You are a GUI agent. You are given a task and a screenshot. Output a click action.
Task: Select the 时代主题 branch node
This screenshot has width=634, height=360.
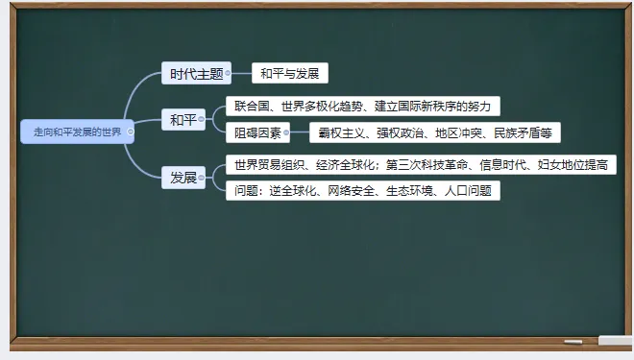tap(195, 73)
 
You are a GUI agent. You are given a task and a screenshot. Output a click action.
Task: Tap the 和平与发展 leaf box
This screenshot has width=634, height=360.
tap(290, 73)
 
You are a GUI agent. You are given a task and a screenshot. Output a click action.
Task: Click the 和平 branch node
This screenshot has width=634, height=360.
tap(182, 119)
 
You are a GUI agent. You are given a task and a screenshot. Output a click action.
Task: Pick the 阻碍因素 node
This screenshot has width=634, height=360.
tap(256, 133)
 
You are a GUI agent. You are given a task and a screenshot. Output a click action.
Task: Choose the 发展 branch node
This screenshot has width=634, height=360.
tap(183, 178)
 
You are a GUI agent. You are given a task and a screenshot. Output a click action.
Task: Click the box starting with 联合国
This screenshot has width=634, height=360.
tap(363, 106)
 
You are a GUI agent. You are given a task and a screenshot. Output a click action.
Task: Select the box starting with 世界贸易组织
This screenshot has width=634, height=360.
tap(420, 165)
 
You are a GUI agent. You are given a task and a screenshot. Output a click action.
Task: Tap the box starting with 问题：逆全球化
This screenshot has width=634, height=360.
tap(363, 190)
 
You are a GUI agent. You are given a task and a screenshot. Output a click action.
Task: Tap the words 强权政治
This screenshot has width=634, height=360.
tap(394, 133)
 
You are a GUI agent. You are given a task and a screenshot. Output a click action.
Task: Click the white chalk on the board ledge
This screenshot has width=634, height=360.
tap(573, 342)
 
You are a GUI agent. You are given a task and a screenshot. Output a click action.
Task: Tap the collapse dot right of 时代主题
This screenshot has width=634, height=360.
tap(229, 73)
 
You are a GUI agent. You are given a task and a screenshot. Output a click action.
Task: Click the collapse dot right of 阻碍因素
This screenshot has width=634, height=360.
tap(286, 133)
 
